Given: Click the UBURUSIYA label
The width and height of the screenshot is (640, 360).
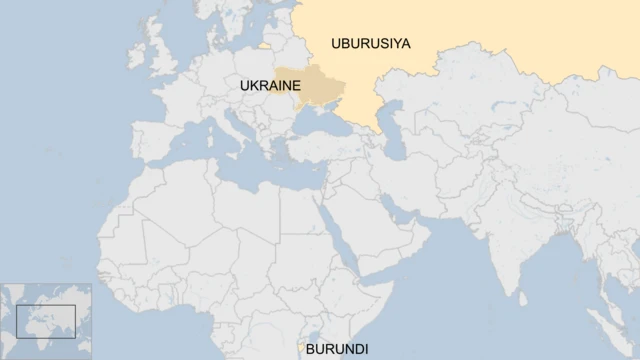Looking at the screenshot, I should [371, 42].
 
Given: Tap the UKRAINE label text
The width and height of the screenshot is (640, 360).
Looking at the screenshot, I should [269, 87].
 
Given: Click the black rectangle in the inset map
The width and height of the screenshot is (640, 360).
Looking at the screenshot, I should [46, 321].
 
